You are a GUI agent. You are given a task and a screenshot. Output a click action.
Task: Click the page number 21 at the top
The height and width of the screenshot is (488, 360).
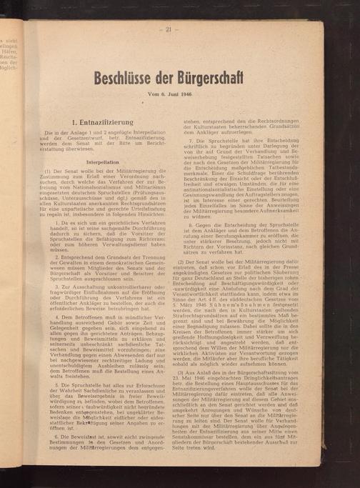click(x=169, y=29)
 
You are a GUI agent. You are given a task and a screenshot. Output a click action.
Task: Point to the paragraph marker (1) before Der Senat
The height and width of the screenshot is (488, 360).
click(x=49, y=171)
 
